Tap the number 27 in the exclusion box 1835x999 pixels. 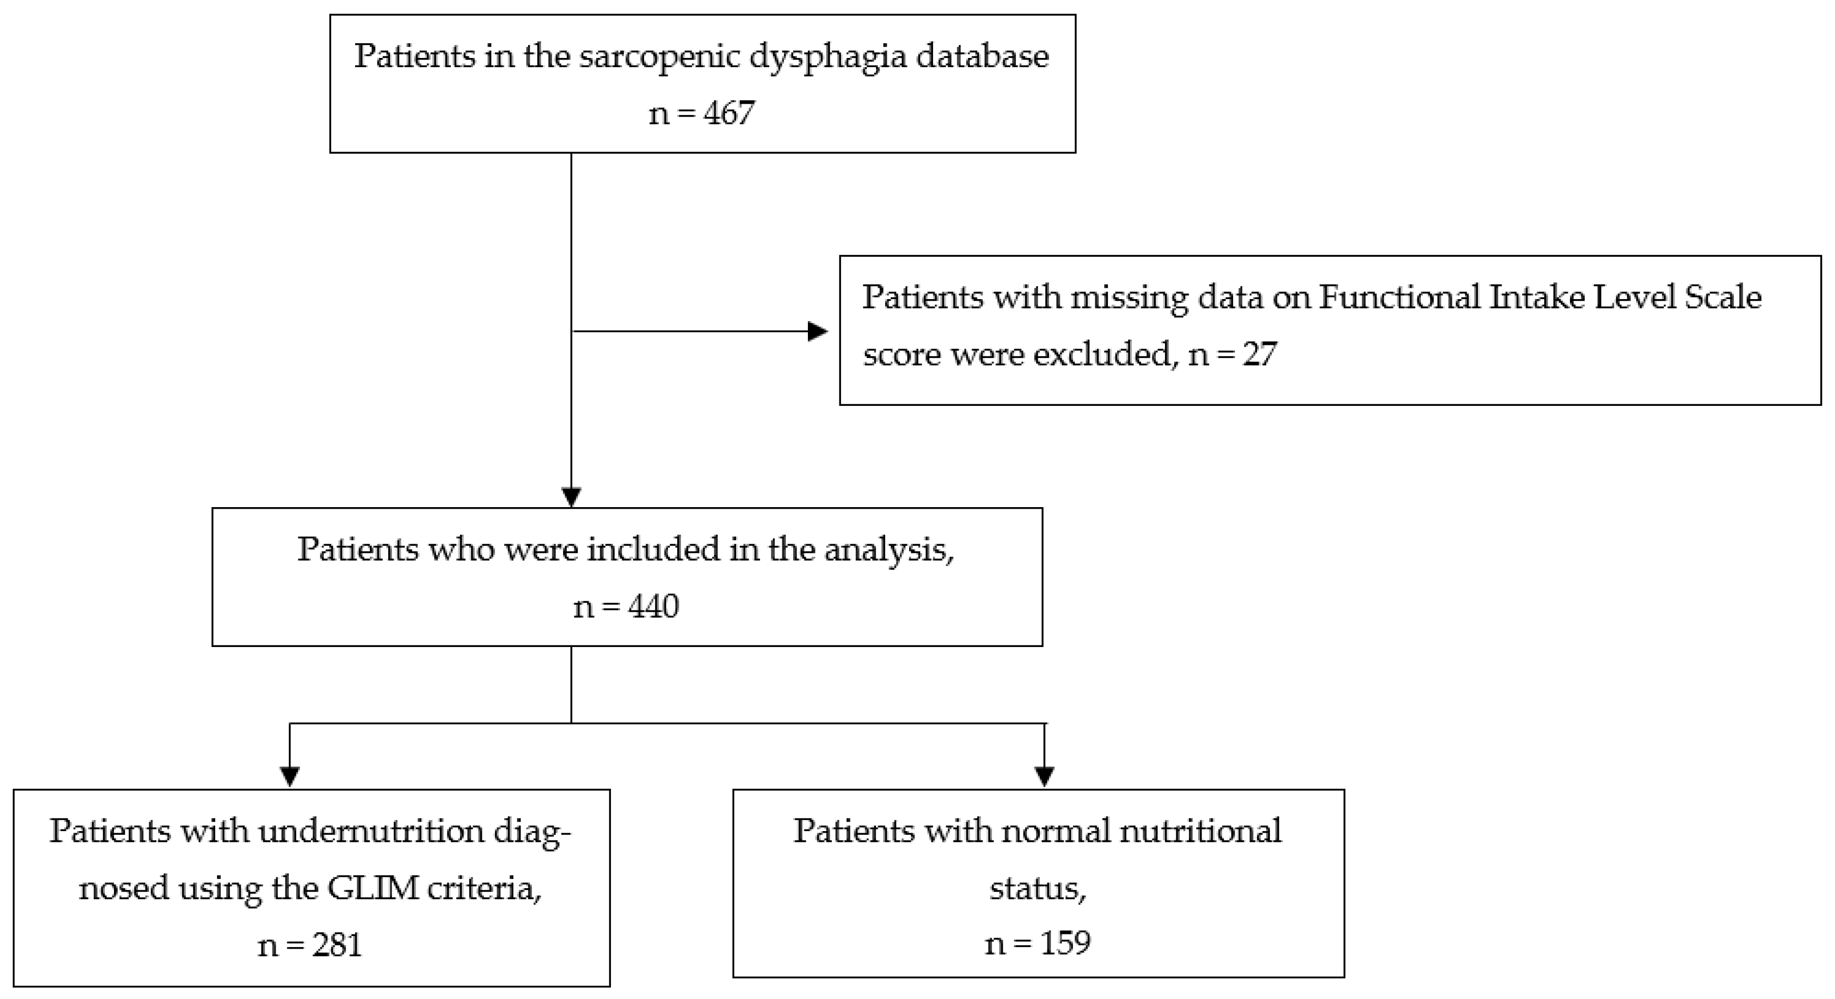pos(1260,354)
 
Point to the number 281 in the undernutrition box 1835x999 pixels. pos(337,945)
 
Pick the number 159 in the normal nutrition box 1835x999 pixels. pos(1065,943)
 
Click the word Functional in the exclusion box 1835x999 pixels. pos(1399,298)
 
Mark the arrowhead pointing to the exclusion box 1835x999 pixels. pos(818,331)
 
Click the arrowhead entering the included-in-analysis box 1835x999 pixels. pos(571,496)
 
